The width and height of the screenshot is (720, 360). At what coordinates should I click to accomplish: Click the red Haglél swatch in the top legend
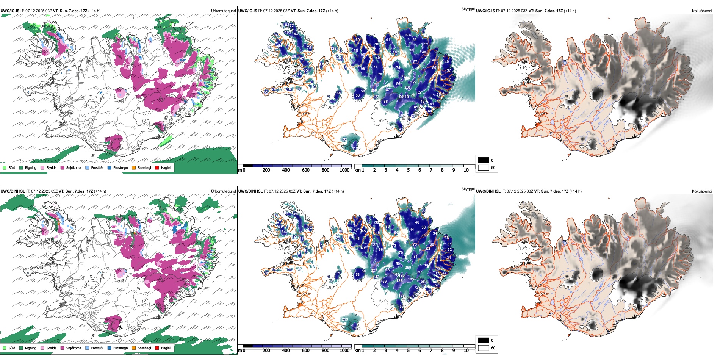tap(157, 167)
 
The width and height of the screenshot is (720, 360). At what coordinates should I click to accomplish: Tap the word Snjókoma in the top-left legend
tap(74, 167)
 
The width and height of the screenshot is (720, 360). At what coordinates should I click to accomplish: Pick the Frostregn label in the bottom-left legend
tap(120, 348)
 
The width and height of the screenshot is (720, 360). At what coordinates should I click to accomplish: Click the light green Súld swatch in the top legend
tap(5, 167)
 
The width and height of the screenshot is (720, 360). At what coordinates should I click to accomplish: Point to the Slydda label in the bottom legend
tap(51, 348)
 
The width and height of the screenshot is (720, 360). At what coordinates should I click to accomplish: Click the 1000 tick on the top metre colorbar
tap(344, 170)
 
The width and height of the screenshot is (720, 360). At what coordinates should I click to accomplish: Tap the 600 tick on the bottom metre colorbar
tap(306, 351)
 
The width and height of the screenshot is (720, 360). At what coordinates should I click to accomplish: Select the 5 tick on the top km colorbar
tap(408, 170)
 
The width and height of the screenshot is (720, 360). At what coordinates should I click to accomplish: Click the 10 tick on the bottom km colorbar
tap(466, 351)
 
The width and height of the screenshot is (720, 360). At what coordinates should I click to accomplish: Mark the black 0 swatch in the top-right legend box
tap(484, 160)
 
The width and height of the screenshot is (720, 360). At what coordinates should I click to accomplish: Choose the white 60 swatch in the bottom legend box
tap(484, 348)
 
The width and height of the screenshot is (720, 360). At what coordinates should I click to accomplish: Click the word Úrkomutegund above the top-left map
tap(223, 11)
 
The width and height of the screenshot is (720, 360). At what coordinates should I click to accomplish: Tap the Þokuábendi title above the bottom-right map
tap(702, 191)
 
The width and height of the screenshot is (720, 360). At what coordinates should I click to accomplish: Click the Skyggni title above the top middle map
tap(468, 9)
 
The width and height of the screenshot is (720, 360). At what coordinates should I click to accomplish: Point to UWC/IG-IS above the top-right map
tap(485, 11)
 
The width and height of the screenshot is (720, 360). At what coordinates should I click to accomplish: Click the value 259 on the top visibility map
tap(374, 91)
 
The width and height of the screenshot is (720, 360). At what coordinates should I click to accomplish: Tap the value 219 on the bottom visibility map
tap(345, 319)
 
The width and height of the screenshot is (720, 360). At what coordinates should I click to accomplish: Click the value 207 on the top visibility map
tap(407, 88)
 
